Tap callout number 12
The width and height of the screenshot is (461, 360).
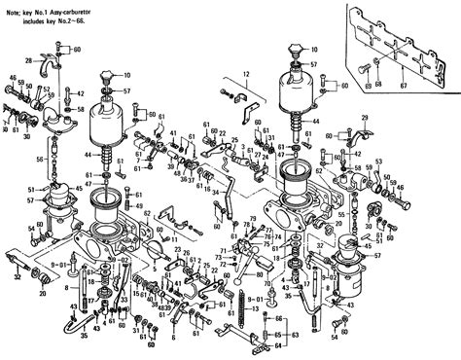pos(245,73)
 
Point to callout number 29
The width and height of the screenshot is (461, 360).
pos(365,118)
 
